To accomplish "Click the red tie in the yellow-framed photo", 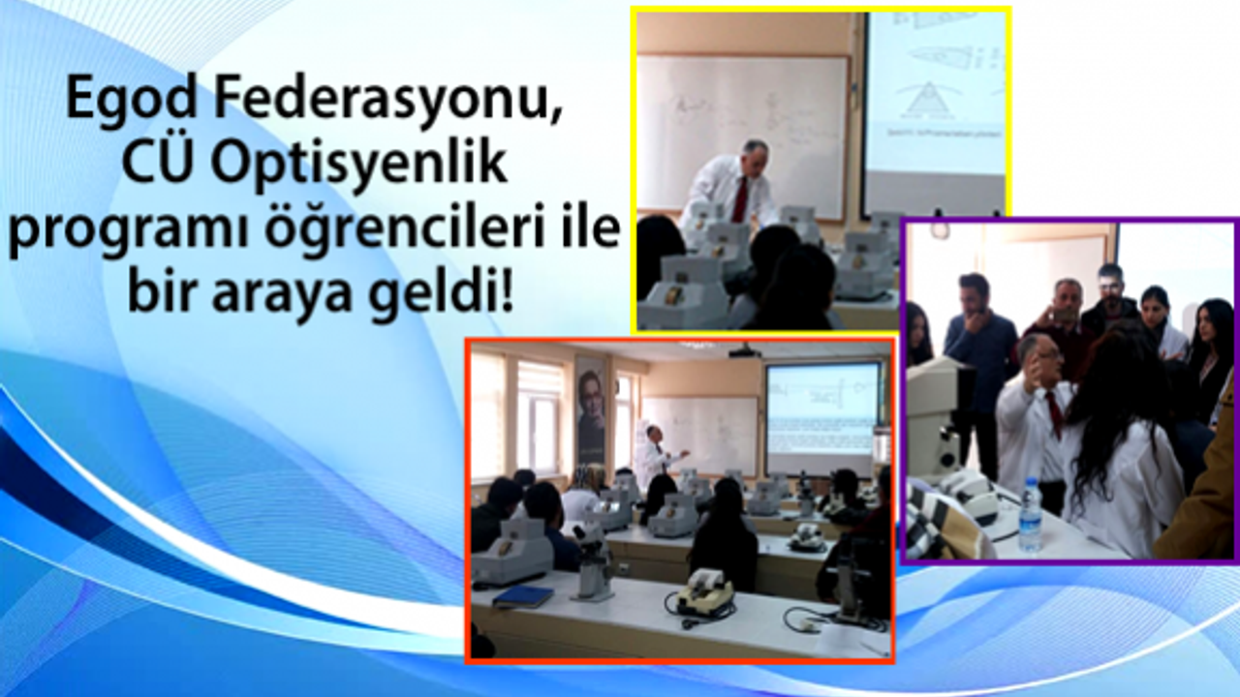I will tap(740, 197).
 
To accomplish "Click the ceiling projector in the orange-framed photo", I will tap(743, 352).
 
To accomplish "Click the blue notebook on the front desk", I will tap(522, 596).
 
